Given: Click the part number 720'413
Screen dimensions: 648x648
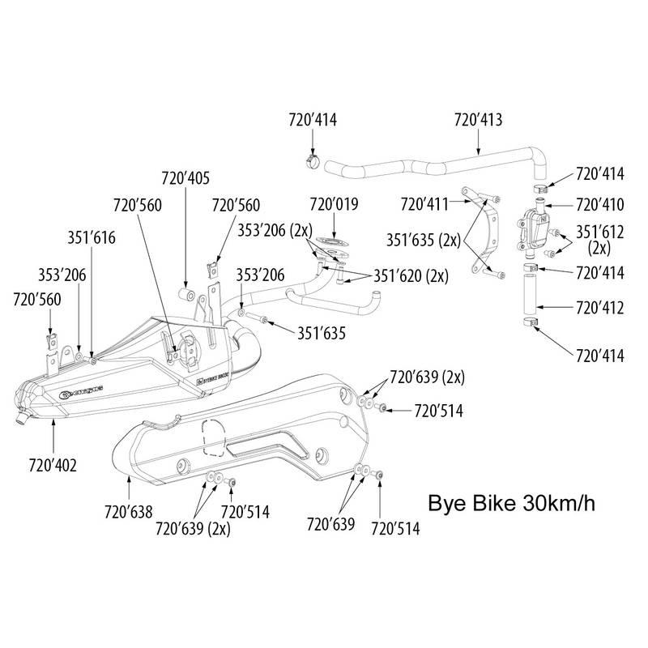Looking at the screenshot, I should (x=478, y=120).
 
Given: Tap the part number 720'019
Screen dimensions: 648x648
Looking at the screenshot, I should (x=334, y=204).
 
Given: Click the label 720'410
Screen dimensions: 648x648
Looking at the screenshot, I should (x=599, y=204).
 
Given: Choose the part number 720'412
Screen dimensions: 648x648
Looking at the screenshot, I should (x=599, y=308).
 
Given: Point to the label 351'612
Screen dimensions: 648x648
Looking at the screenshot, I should (x=599, y=232).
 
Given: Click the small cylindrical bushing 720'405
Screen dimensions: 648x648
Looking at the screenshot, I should (x=185, y=290).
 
